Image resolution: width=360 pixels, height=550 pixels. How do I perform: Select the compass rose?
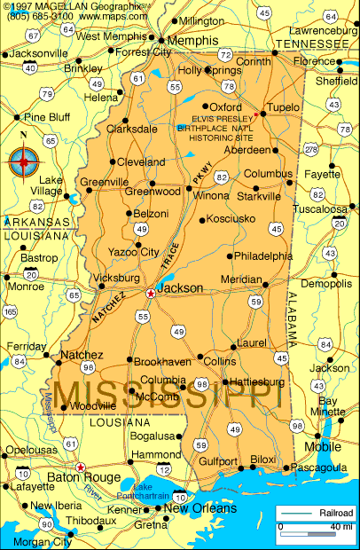24,161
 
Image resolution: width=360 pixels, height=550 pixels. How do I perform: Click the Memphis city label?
192,41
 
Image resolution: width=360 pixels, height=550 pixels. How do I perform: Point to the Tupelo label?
284,107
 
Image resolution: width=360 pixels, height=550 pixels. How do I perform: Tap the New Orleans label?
200,509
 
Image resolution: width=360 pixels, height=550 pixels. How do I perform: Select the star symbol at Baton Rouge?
81,467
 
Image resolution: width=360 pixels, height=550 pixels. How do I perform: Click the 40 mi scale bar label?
340,527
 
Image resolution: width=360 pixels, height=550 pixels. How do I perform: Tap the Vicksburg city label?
115,278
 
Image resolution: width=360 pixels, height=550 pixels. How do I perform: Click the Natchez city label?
82,355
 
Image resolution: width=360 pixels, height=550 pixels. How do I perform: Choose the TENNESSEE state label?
316,43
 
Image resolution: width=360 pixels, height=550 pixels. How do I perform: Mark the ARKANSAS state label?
36,222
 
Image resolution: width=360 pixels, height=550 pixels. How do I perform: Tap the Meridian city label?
240,279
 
